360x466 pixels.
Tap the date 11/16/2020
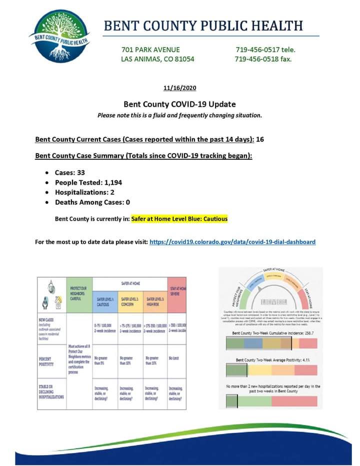[x=180, y=89]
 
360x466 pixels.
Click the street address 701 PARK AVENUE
[x=150, y=50]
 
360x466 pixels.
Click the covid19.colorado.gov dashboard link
[x=232, y=242]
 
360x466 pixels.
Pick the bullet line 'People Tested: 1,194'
[x=88, y=183]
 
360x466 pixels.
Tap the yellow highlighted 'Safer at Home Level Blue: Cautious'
[x=179, y=219]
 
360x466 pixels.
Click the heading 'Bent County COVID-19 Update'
[x=179, y=105]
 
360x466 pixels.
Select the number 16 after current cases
[x=259, y=139]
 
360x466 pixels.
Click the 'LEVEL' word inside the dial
[x=270, y=302]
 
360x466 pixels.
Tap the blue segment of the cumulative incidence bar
[x=254, y=343]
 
